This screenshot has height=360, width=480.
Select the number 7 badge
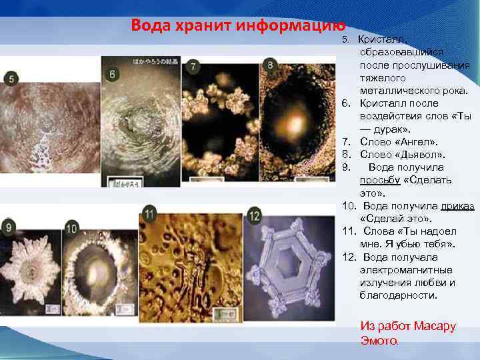[x=193, y=67]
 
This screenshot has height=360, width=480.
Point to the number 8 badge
[x=270, y=65]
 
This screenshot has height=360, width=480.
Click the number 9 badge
[x=9, y=227]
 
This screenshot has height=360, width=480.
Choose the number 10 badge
[x=72, y=229]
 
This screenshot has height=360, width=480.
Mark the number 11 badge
[x=149, y=214]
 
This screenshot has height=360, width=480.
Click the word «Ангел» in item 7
[x=415, y=142]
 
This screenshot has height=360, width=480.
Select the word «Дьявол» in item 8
[x=419, y=155]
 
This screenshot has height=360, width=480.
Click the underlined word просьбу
[x=380, y=180]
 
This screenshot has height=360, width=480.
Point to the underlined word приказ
[x=457, y=206]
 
